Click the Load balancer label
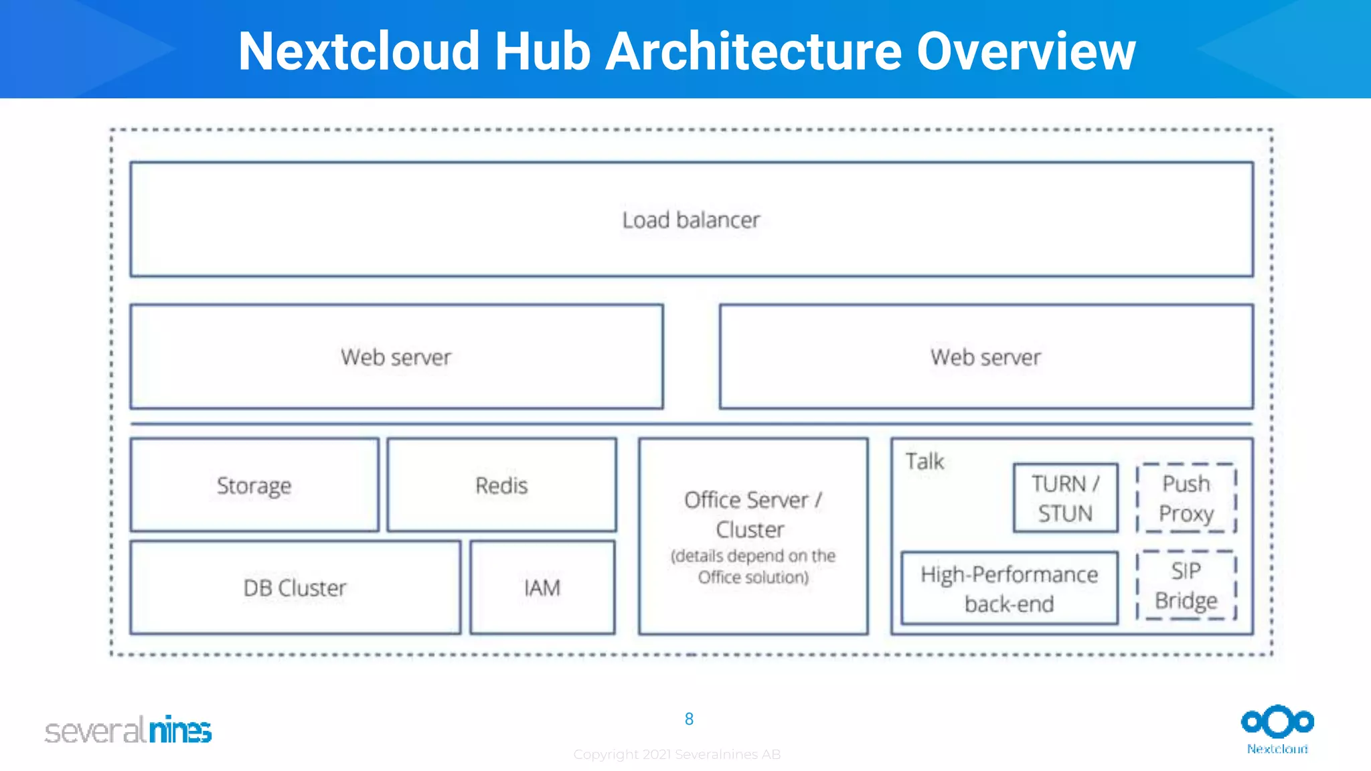pyautogui.click(x=691, y=220)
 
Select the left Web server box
pyautogui.click(x=396, y=357)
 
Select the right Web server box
pyautogui.click(x=985, y=357)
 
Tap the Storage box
pyautogui.click(x=254, y=485)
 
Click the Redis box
pyautogui.click(x=501, y=485)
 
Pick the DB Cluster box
pyautogui.click(x=295, y=588)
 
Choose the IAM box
pyautogui.click(x=542, y=588)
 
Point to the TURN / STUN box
pyautogui.click(x=1065, y=498)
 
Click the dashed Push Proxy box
pyautogui.click(x=1186, y=498)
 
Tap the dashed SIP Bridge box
pyautogui.click(x=1186, y=586)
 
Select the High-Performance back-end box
pyautogui.click(x=1009, y=588)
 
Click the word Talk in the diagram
pyautogui.click(x=924, y=461)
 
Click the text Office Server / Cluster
pyautogui.click(x=752, y=514)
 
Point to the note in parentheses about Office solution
pyautogui.click(x=753, y=566)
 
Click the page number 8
pyautogui.click(x=689, y=719)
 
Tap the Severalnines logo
pyautogui.click(x=129, y=730)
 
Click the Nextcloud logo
pyautogui.click(x=1277, y=728)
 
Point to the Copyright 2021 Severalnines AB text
pyautogui.click(x=677, y=754)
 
